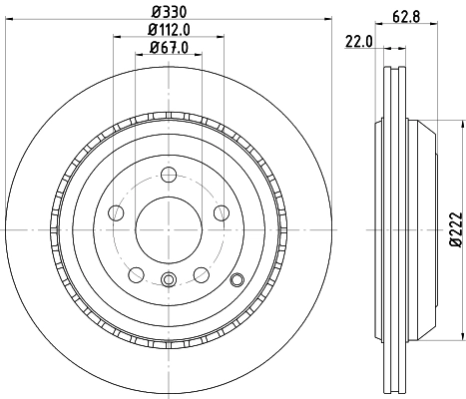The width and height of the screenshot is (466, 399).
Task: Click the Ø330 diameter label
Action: coord(168,13)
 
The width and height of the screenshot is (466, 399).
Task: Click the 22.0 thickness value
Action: coord(360,39)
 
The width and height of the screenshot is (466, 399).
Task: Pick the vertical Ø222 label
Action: coord(455,228)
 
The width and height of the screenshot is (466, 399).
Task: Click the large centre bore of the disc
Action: coord(168,228)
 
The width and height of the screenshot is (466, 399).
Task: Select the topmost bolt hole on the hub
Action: coord(168,174)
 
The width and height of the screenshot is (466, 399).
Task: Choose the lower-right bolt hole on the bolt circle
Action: coord(201,273)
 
